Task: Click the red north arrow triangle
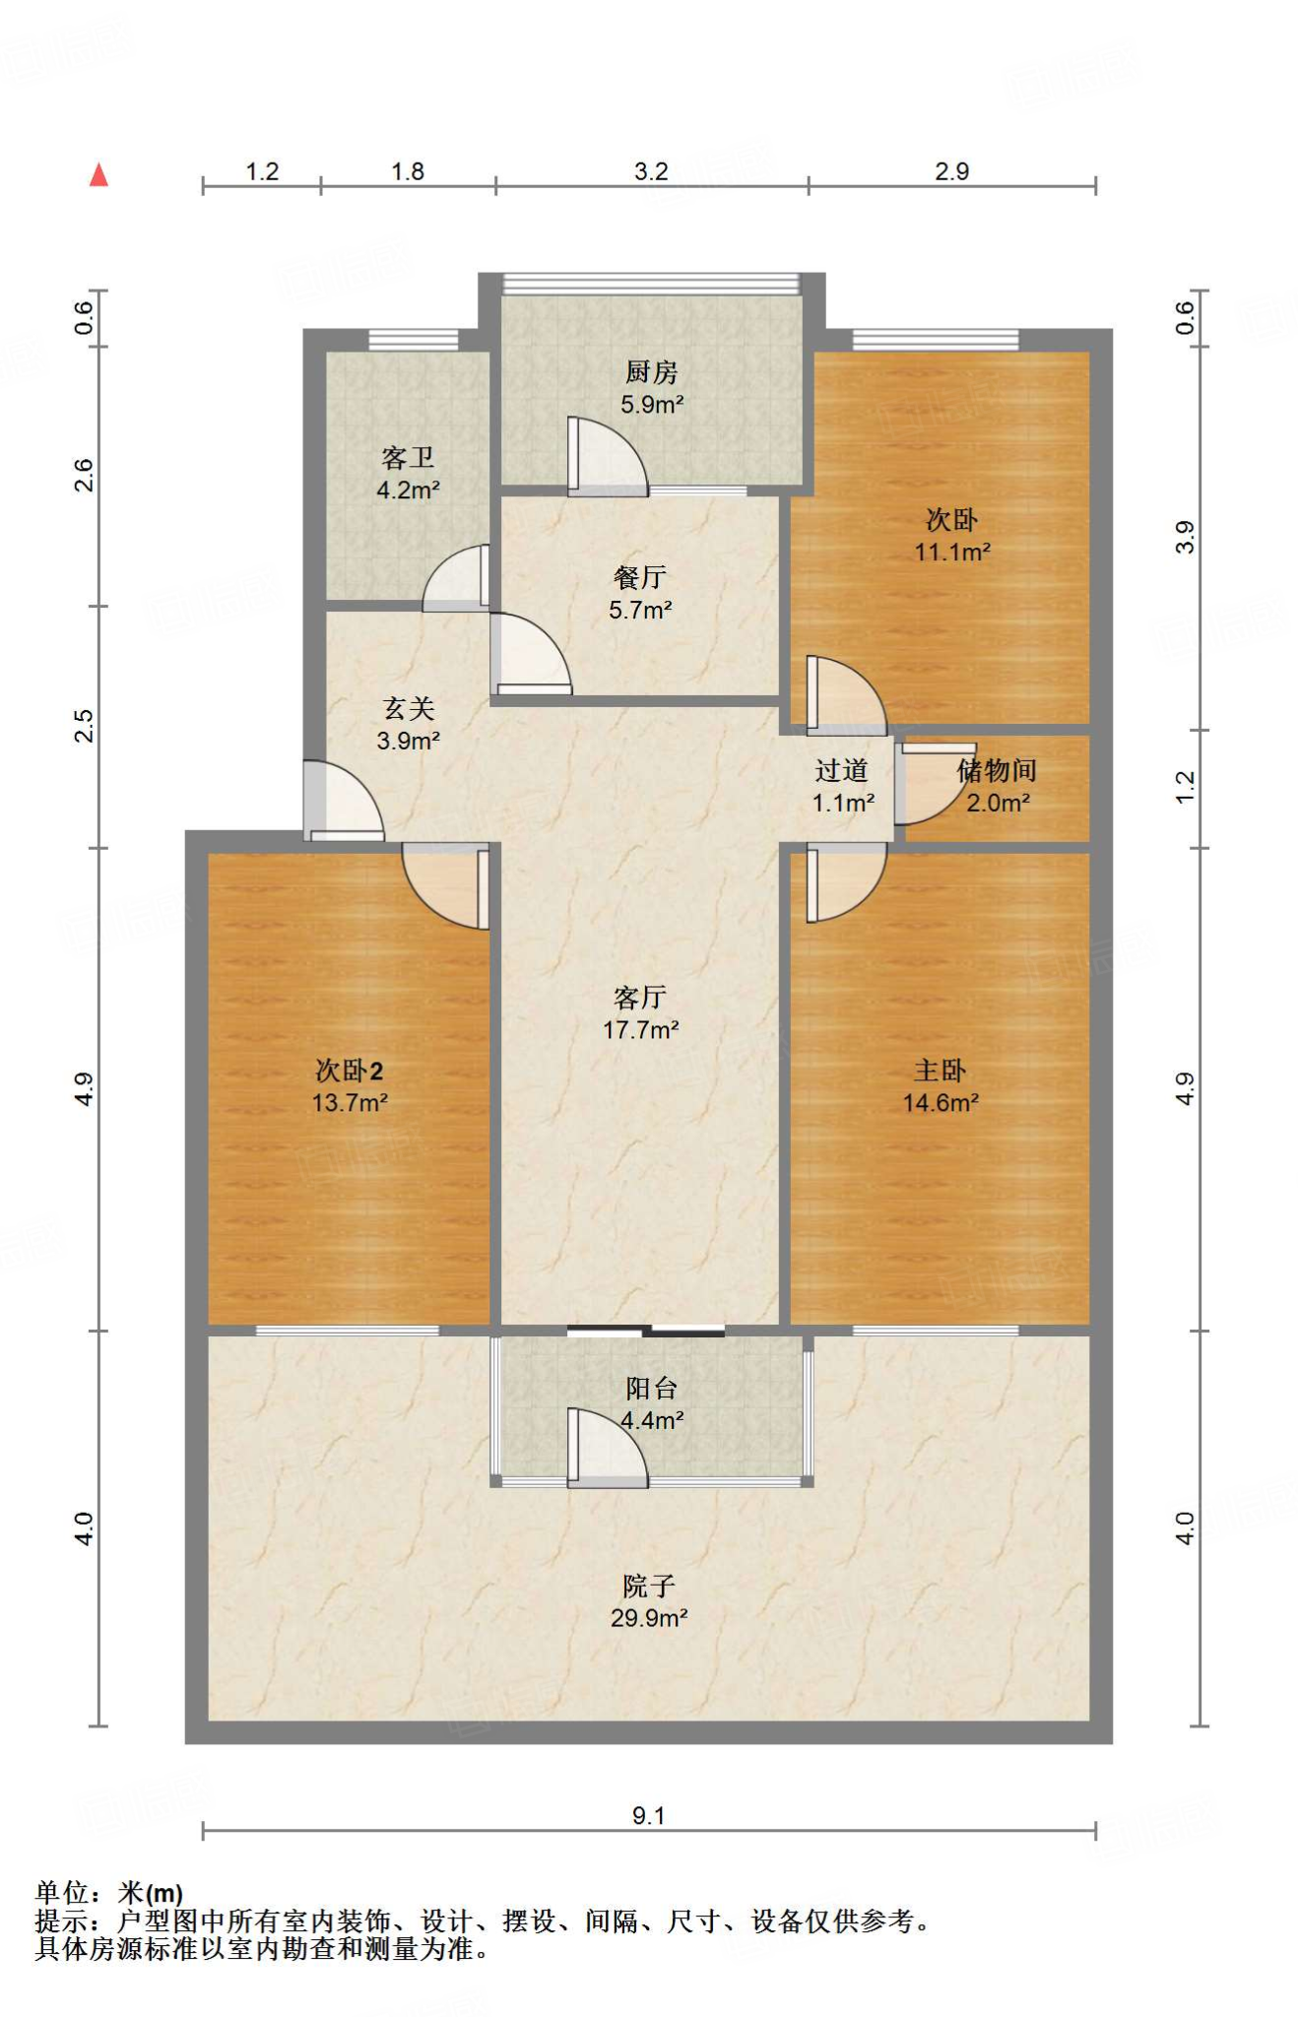coord(98,176)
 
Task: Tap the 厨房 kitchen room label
coord(651,372)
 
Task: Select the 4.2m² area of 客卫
coord(408,489)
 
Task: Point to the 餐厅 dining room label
coord(639,577)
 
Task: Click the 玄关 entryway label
coord(408,708)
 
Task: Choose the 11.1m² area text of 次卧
coord(952,553)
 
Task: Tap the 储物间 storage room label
coord(997,770)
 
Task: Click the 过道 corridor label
coord(841,770)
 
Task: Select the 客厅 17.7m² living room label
coord(640,1013)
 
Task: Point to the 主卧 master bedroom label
coord(940,1070)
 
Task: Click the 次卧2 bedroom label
coord(349,1070)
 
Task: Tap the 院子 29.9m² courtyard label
coord(648,1601)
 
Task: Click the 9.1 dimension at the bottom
coord(648,1815)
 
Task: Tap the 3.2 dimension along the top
coord(650,171)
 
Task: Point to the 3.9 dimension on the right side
coord(1185,537)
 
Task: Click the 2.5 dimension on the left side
coord(84,726)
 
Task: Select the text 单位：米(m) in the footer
coord(108,1893)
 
